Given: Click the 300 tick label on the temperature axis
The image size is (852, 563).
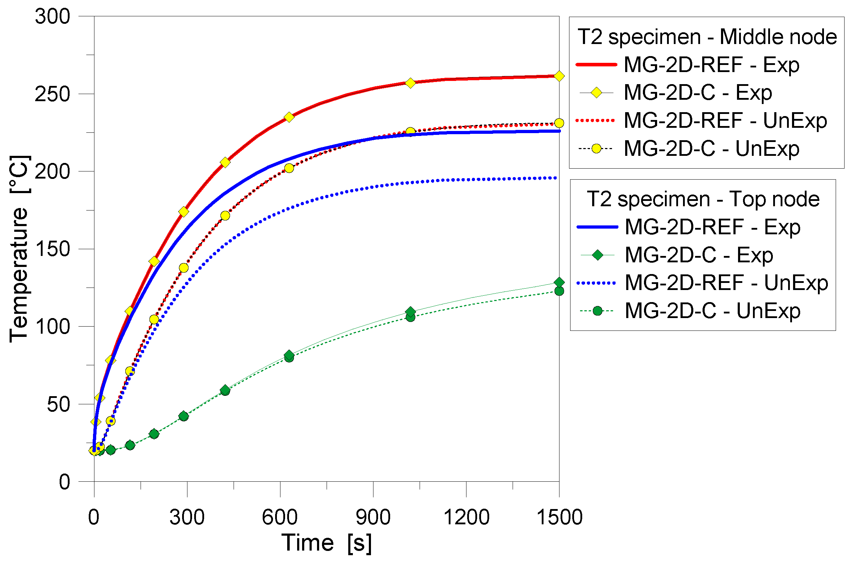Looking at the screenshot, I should click(53, 17).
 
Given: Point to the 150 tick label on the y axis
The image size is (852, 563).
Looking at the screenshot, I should click(53, 249).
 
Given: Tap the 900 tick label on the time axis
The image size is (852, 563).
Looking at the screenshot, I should click(373, 518).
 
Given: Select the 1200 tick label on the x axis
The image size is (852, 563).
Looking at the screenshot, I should click(466, 518).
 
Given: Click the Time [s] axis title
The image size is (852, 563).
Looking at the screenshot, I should click(326, 543).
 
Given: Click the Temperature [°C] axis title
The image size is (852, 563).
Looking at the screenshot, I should click(19, 249).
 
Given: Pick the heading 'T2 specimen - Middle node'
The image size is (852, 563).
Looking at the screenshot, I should click(707, 37).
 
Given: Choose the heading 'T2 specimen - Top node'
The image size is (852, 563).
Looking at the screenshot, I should click(703, 199).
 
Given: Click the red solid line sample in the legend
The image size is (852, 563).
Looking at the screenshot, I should click(596, 65).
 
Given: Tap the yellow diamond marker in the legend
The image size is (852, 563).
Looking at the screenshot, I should click(596, 93).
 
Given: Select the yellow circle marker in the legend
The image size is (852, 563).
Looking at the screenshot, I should click(596, 149).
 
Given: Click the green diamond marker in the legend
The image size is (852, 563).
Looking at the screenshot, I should click(597, 255).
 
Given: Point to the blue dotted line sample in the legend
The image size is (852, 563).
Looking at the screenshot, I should click(596, 283).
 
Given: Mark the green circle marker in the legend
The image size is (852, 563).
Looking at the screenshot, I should click(597, 311).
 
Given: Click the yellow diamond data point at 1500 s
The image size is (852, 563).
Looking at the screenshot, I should click(559, 76).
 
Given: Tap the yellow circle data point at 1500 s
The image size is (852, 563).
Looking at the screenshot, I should click(559, 123).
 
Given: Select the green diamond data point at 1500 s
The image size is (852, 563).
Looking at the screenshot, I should click(559, 282).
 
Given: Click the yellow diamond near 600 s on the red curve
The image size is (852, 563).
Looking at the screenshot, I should click(289, 117).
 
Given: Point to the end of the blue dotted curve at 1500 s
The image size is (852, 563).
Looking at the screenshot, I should click(556, 178).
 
